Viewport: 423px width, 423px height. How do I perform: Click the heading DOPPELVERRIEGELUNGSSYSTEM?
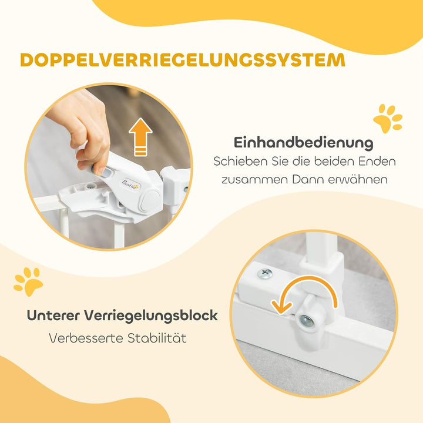tap(182, 61)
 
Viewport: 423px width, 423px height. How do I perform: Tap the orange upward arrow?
tap(140, 137)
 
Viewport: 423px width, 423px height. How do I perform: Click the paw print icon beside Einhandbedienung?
tap(388, 118)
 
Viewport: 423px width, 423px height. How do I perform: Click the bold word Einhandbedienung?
tap(303, 142)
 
